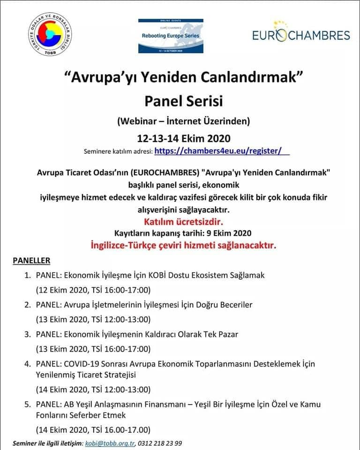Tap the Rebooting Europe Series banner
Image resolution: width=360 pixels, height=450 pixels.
[171, 36]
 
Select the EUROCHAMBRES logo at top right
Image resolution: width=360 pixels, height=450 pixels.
[301, 34]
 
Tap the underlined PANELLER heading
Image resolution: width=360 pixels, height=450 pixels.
[31, 260]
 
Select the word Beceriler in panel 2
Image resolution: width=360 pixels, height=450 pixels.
[234, 305]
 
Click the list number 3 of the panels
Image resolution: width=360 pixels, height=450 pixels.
[28, 334]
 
